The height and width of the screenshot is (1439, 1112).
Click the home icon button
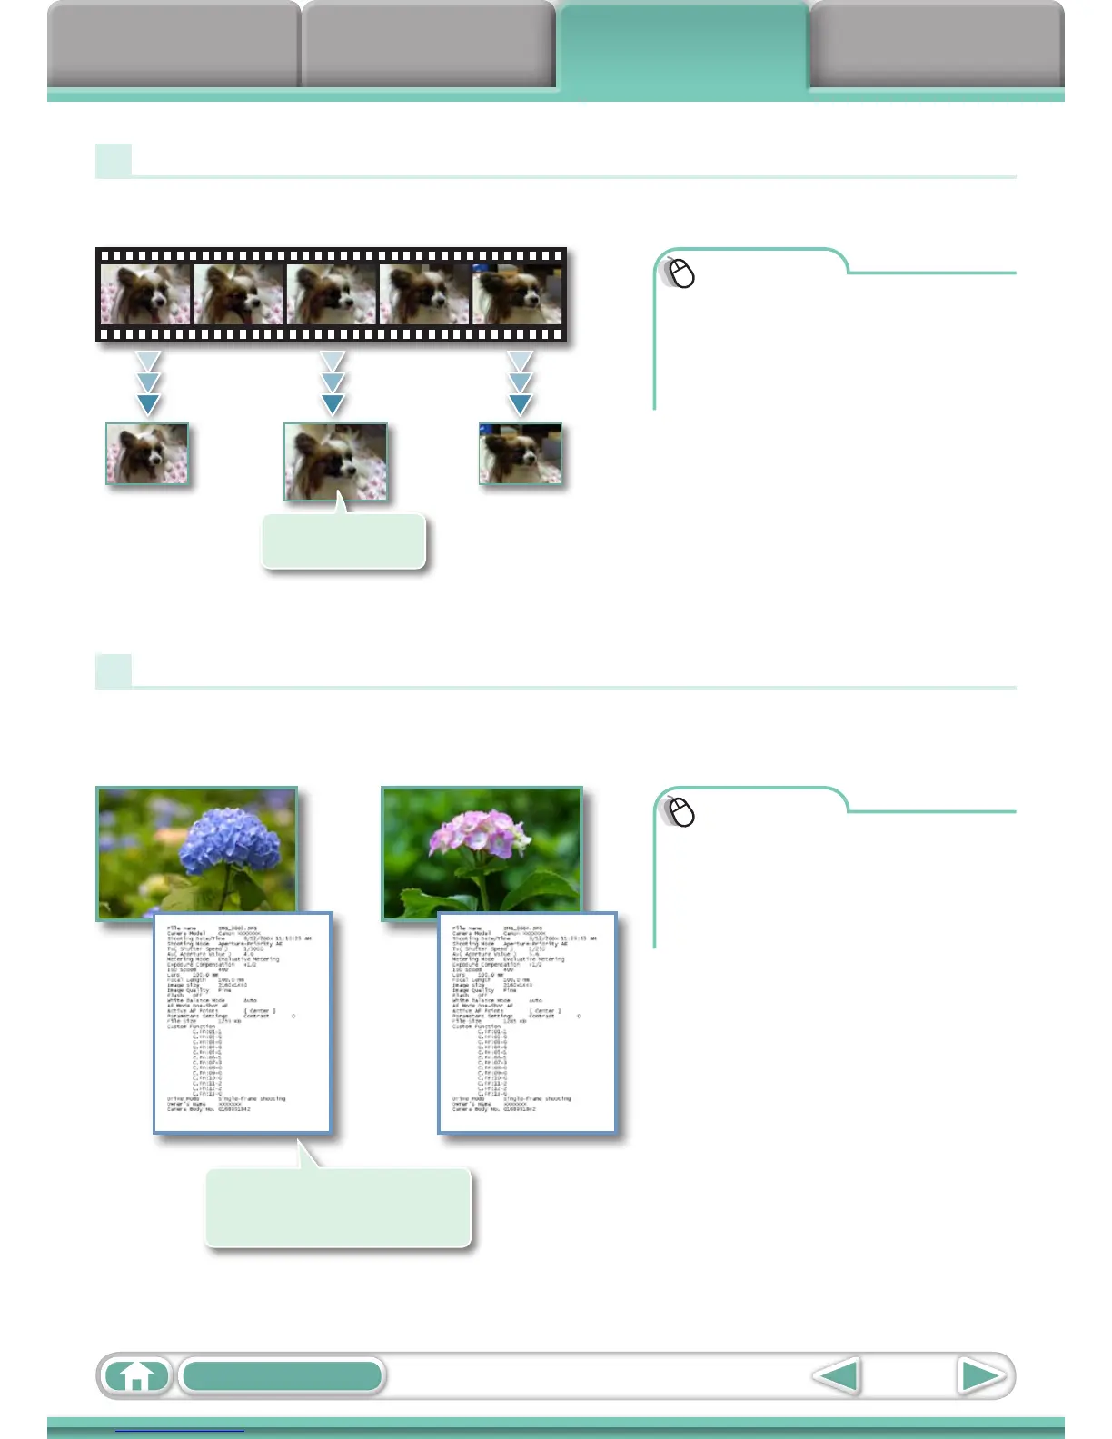click(136, 1375)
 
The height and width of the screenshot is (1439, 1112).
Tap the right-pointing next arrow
click(981, 1375)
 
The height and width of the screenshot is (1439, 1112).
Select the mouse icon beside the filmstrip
click(680, 273)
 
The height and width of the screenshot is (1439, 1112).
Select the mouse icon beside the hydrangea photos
click(680, 811)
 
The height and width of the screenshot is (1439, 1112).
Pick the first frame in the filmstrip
click(145, 294)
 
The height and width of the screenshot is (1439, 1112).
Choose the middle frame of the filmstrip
click(332, 294)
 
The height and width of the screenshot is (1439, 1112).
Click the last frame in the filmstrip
click(517, 294)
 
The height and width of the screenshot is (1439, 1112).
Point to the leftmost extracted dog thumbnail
click(147, 453)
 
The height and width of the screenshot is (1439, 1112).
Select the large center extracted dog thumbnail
click(335, 461)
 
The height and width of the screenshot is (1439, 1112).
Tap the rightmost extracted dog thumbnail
click(520, 453)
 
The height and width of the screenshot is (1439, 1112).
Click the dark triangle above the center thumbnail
click(333, 404)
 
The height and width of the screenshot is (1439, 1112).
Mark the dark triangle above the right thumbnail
click(520, 404)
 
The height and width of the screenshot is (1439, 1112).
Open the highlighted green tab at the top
click(682, 45)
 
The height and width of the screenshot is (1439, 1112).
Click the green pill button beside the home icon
click(282, 1375)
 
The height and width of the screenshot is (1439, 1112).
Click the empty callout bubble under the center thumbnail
click(343, 542)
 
